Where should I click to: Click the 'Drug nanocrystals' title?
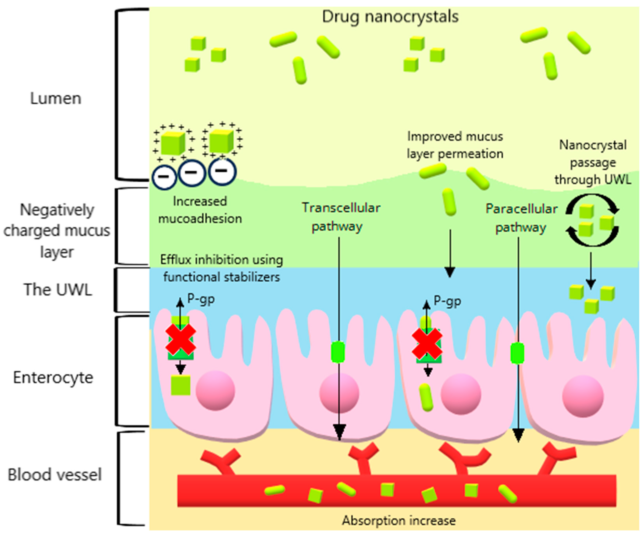point(390,17)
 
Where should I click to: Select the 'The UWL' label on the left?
point(58,289)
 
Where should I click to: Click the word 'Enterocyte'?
point(53,377)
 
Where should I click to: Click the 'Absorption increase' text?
point(399,521)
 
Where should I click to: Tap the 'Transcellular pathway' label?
point(340,217)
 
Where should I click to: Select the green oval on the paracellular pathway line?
point(517,353)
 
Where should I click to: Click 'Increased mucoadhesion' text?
point(200,210)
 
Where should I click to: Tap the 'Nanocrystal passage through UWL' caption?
point(592,162)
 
